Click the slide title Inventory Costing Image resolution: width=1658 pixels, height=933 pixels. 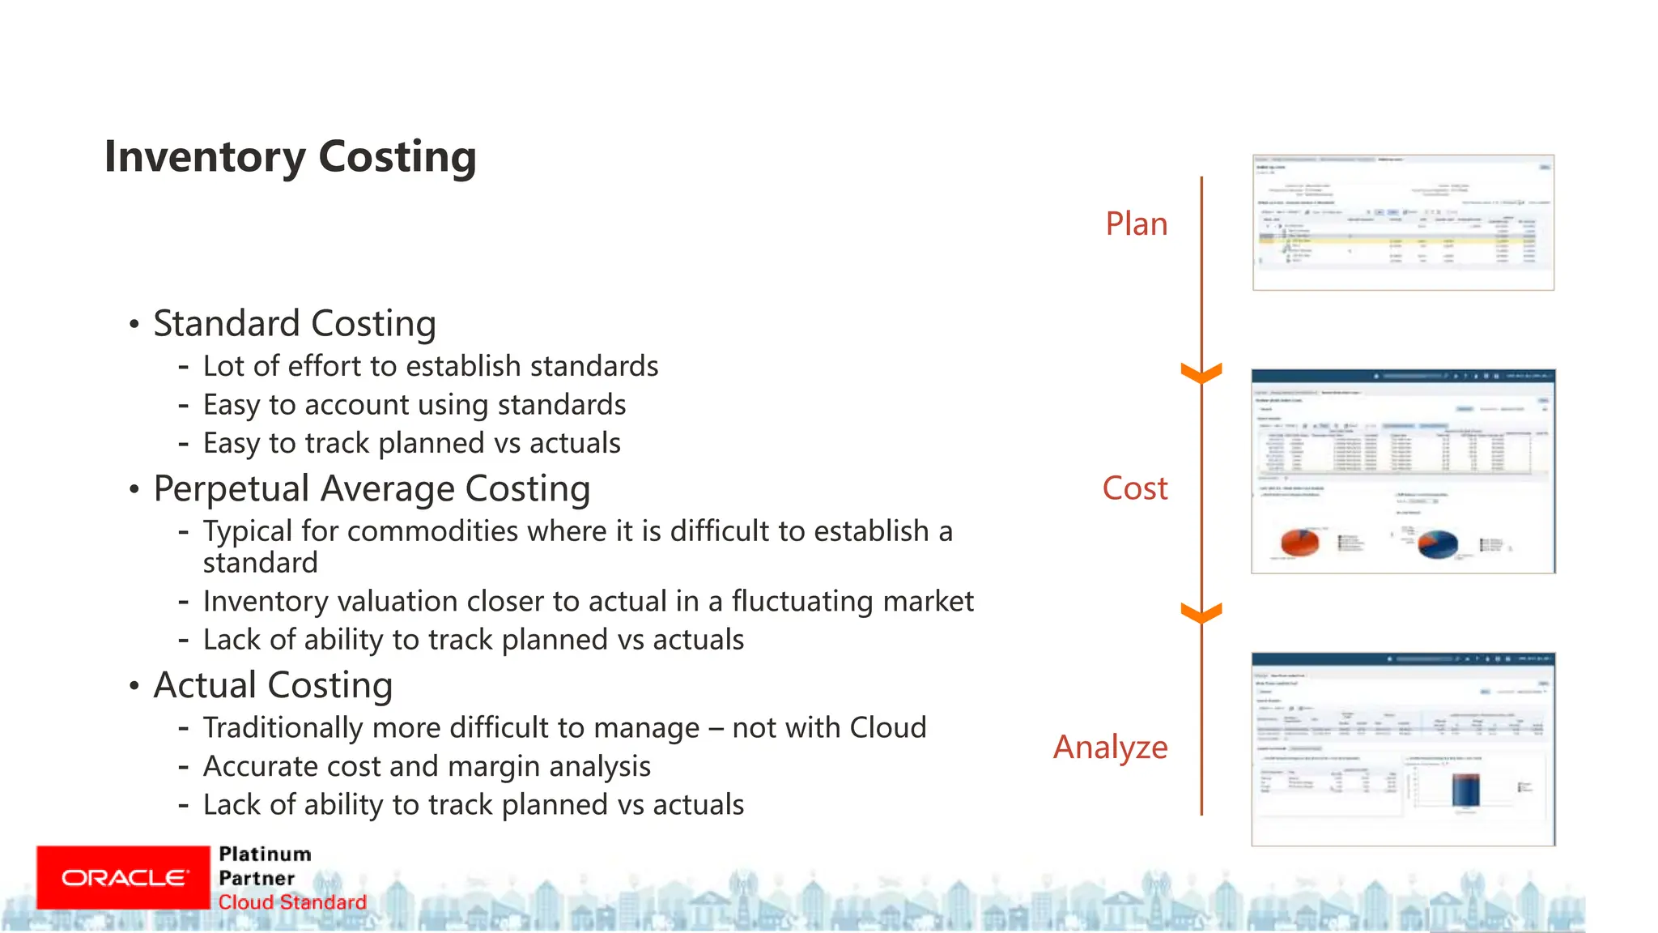[290, 156]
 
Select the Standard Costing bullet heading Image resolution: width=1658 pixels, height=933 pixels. [295, 323]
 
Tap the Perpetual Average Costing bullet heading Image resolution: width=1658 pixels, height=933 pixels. [372, 488]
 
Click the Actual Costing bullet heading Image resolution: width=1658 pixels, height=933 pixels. [273, 685]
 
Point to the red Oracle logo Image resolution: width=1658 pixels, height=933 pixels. [123, 878]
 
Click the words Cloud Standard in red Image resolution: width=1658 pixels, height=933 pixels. [292, 902]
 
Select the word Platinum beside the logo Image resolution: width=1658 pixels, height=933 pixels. [265, 854]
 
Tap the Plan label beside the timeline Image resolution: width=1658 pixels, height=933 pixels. [1136, 224]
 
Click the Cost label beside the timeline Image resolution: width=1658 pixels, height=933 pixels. [1134, 488]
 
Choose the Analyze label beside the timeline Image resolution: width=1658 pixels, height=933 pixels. [1110, 747]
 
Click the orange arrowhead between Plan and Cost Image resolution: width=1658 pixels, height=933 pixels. [1201, 374]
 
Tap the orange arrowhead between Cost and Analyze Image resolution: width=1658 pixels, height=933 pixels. [1201, 614]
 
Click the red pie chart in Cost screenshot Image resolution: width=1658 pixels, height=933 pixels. [1300, 542]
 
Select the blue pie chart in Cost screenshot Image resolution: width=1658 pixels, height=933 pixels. [1438, 543]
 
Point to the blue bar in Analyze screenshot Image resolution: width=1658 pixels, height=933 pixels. [1465, 788]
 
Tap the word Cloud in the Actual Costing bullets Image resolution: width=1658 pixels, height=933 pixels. [887, 727]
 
